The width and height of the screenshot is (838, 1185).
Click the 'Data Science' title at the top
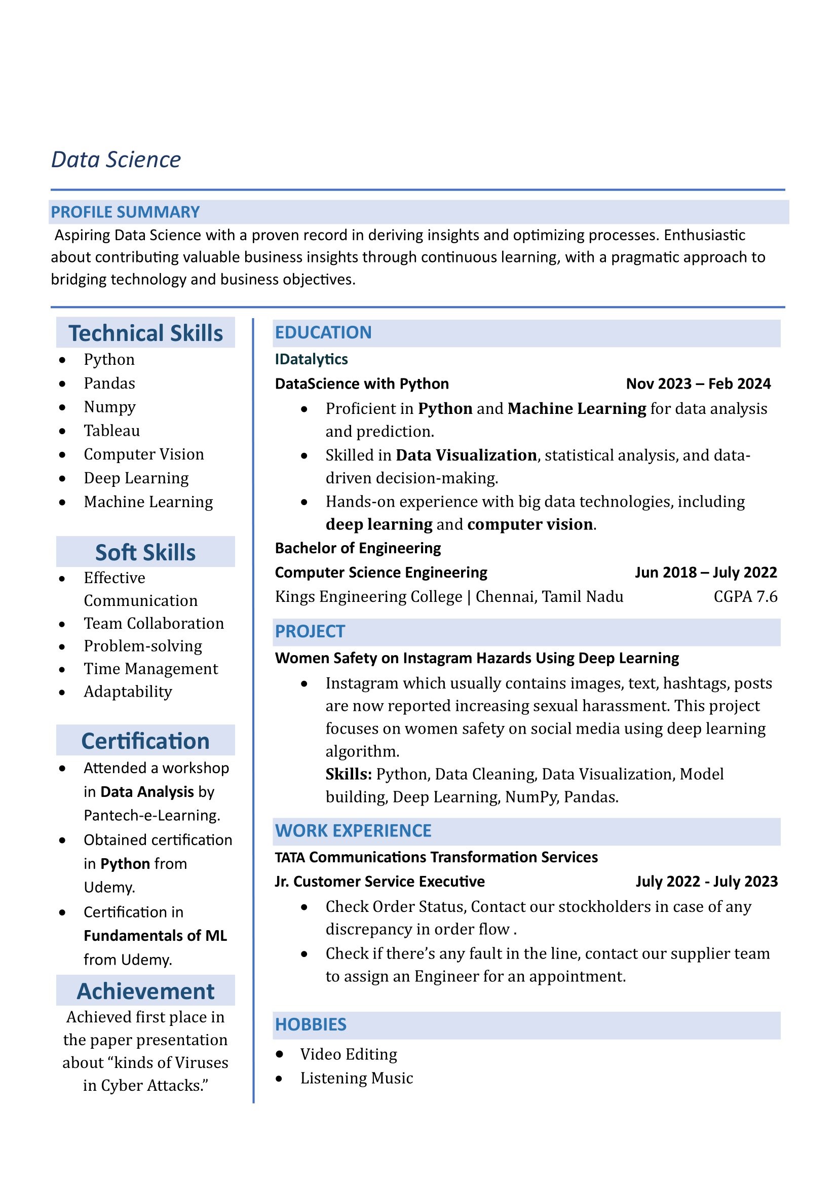coord(116,160)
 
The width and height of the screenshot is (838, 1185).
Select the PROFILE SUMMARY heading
coord(125,212)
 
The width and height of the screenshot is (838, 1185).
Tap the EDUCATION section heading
coord(323,332)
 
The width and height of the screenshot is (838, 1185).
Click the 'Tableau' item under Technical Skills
coord(111,431)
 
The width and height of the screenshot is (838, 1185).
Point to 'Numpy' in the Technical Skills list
coord(109,407)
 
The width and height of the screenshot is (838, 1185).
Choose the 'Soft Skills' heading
coord(145,552)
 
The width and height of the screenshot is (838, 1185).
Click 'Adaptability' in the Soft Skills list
coord(128,691)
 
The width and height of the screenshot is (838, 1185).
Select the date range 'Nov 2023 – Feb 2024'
coord(698,384)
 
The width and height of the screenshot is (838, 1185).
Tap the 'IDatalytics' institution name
coord(311,359)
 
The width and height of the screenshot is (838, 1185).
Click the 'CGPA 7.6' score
coord(745,596)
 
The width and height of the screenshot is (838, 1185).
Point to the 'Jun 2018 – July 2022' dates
coord(705,572)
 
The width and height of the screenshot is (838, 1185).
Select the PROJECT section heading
coord(310,631)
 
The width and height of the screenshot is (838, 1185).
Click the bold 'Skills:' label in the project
coord(348,774)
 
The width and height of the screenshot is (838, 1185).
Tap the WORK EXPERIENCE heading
coord(353,830)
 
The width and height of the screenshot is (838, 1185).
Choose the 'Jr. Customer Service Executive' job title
coord(380,881)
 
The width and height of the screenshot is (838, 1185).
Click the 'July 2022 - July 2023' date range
coord(706,881)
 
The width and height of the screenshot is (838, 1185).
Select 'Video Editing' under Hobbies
coord(349,1054)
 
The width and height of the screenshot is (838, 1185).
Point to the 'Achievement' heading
coord(145,991)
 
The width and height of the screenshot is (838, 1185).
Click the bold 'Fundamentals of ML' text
coord(156,935)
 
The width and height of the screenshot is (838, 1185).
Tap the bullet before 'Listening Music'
coord(279,1078)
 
